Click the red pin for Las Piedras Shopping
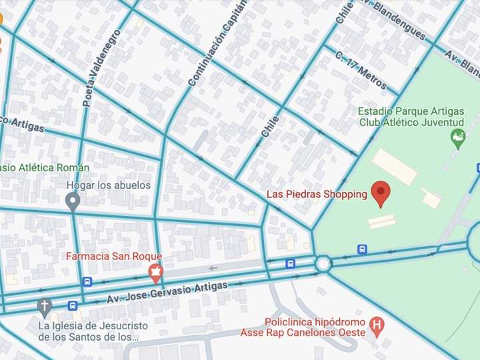tap(381, 193)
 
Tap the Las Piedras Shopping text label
tap(317, 194)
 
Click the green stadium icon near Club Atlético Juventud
tap(458, 139)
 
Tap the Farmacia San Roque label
tap(113, 256)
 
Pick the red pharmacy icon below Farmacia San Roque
tap(155, 271)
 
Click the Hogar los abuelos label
tap(108, 185)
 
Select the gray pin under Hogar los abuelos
tap(73, 201)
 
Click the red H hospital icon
tap(378, 327)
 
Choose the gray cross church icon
tap(44, 307)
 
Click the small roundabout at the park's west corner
tap(323, 264)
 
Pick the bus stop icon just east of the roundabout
tap(362, 249)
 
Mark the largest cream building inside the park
tap(394, 167)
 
